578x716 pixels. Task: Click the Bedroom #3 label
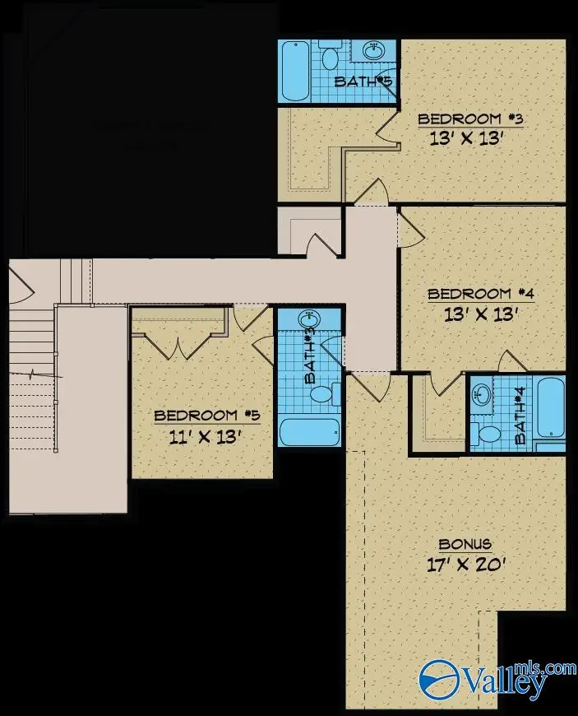click(469, 119)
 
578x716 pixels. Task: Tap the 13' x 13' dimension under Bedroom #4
click(480, 314)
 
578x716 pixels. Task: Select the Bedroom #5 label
click(207, 416)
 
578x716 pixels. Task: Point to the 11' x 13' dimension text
click(205, 438)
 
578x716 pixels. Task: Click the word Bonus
click(465, 544)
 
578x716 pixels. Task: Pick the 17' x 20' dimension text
click(466, 565)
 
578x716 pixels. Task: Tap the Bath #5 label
click(363, 81)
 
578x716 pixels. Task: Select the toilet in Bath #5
click(330, 55)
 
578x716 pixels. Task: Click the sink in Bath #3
click(310, 318)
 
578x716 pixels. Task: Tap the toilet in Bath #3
click(326, 394)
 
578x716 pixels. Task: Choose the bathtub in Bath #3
click(310, 432)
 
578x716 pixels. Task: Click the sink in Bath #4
click(481, 393)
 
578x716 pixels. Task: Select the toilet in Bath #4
click(485, 435)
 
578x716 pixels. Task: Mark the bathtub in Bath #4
click(551, 407)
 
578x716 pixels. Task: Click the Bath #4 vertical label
click(520, 415)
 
